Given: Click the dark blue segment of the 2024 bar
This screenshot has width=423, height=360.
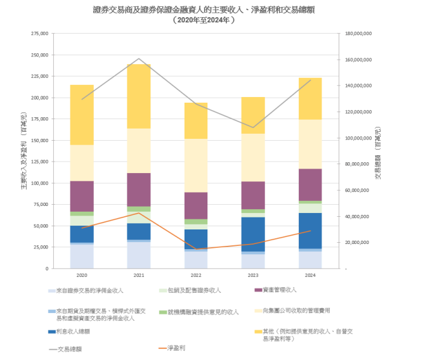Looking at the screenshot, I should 309,231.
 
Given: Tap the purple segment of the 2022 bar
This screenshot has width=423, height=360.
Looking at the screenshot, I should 196,205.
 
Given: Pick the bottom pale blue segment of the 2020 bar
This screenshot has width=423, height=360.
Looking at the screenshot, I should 82,256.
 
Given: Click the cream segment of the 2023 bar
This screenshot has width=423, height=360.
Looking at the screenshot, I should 253,157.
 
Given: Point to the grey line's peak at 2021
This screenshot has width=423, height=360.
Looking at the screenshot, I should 140,59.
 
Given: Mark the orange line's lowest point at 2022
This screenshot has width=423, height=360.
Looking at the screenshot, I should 196,249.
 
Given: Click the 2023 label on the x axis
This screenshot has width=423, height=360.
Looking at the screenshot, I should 253,276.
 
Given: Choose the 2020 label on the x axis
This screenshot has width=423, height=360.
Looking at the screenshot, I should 82,276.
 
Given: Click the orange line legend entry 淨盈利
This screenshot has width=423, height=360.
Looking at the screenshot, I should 176,348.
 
